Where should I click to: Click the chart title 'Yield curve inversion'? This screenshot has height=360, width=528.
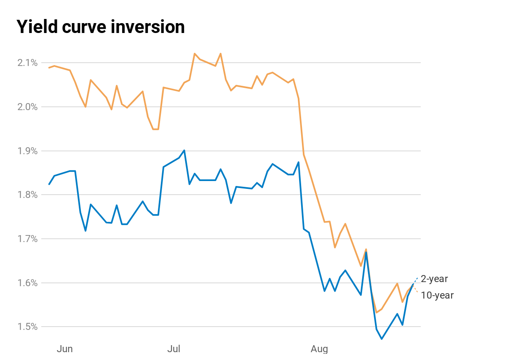(101, 27)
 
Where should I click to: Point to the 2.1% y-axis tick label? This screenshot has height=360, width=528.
(27, 63)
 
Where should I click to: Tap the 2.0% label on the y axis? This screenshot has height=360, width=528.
(27, 107)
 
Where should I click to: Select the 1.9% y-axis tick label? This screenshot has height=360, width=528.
(27, 151)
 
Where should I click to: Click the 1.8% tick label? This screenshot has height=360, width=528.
(27, 195)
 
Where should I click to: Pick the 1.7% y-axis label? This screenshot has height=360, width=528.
(27, 239)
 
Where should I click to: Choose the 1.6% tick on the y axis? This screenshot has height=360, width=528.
(27, 283)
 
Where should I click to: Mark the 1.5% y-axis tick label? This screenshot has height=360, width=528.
(27, 327)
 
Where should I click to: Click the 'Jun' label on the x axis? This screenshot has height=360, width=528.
(65, 349)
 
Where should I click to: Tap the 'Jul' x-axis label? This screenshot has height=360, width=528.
(174, 349)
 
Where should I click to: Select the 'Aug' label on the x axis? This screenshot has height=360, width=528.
(319, 349)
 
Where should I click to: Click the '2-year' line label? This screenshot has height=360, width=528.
(434, 279)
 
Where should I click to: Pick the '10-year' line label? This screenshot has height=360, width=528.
(437, 295)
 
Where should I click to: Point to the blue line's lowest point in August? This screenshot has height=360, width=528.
(382, 339)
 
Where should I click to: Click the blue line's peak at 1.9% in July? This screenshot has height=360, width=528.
(184, 150)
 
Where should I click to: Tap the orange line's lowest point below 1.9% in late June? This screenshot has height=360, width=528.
(156, 129)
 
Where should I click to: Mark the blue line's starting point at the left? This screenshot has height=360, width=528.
(49, 184)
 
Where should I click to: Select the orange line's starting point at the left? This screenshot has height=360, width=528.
(49, 68)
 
